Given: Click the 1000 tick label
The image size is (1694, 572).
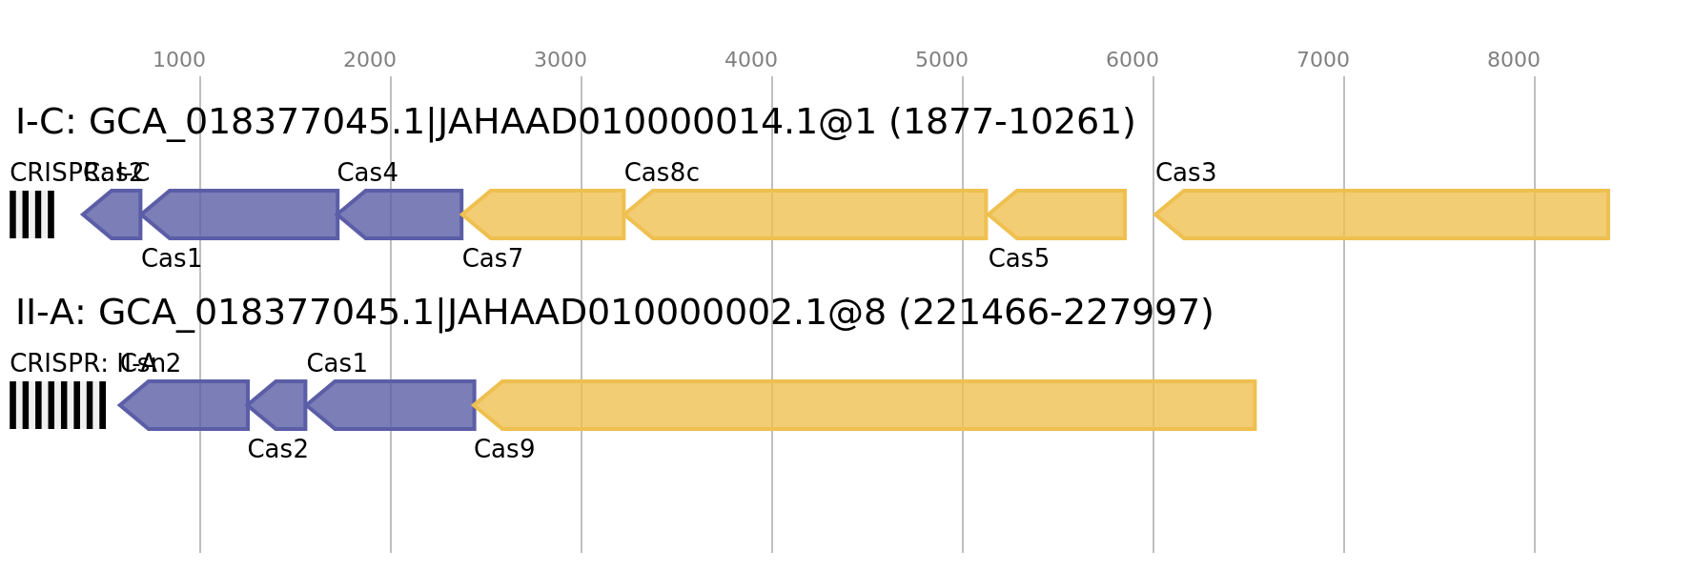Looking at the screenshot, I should click(x=178, y=60).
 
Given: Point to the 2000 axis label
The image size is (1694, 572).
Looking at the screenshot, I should click(x=369, y=60).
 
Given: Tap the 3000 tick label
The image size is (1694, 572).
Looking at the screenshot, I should click(x=560, y=60).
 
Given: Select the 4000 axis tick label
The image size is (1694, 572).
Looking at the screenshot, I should click(x=750, y=60).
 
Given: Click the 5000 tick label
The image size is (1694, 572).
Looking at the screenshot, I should click(x=941, y=60).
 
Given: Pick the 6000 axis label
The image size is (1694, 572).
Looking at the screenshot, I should click(x=1132, y=60).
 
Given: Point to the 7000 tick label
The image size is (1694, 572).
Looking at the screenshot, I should click(x=1322, y=60).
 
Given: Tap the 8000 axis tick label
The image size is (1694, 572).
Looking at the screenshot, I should click(x=1513, y=60).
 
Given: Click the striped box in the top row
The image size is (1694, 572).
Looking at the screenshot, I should click(x=31, y=214).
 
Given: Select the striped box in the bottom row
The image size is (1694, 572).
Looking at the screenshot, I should click(x=57, y=405).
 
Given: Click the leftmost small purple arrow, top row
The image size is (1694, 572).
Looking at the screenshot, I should click(x=114, y=214).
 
